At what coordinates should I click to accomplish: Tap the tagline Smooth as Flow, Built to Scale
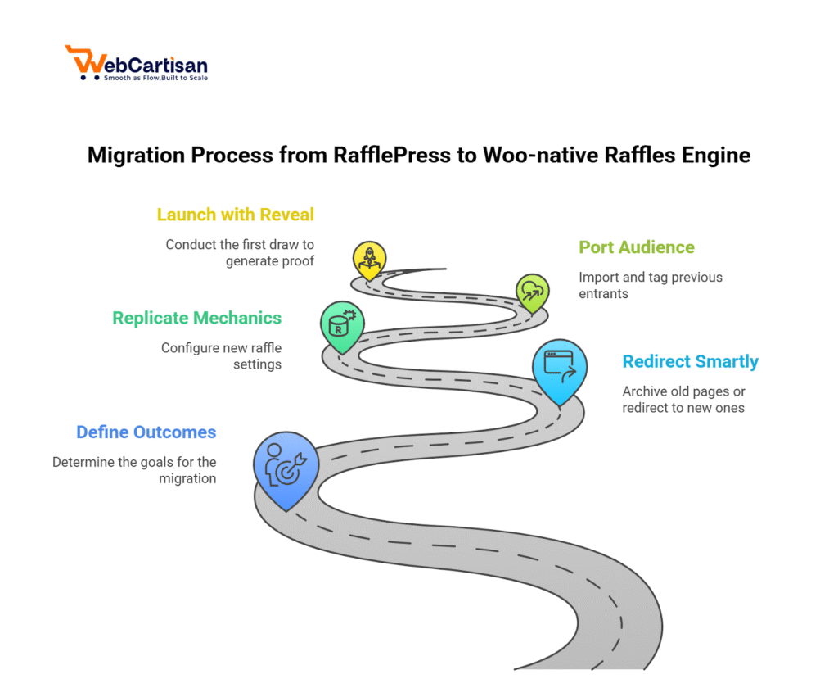coord(155,79)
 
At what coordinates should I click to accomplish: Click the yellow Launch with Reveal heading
coord(236,215)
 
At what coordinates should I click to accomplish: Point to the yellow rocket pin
coord(368,259)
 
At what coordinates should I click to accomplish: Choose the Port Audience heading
coord(637,247)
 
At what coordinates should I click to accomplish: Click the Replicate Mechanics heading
coord(197,318)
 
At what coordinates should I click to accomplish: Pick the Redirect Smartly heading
coord(690,361)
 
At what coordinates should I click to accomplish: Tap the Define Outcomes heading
coord(146,432)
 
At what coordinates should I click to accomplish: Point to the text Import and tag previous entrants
coord(651,285)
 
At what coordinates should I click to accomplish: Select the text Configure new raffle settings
coord(221,355)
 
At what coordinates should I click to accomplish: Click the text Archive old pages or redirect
coord(683,399)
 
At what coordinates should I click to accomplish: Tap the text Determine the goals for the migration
coord(134,470)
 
